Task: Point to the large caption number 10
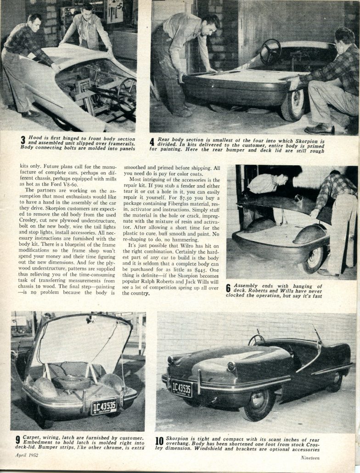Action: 159,442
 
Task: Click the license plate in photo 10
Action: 182,388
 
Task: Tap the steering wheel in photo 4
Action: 270,51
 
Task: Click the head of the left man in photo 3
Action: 34,21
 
